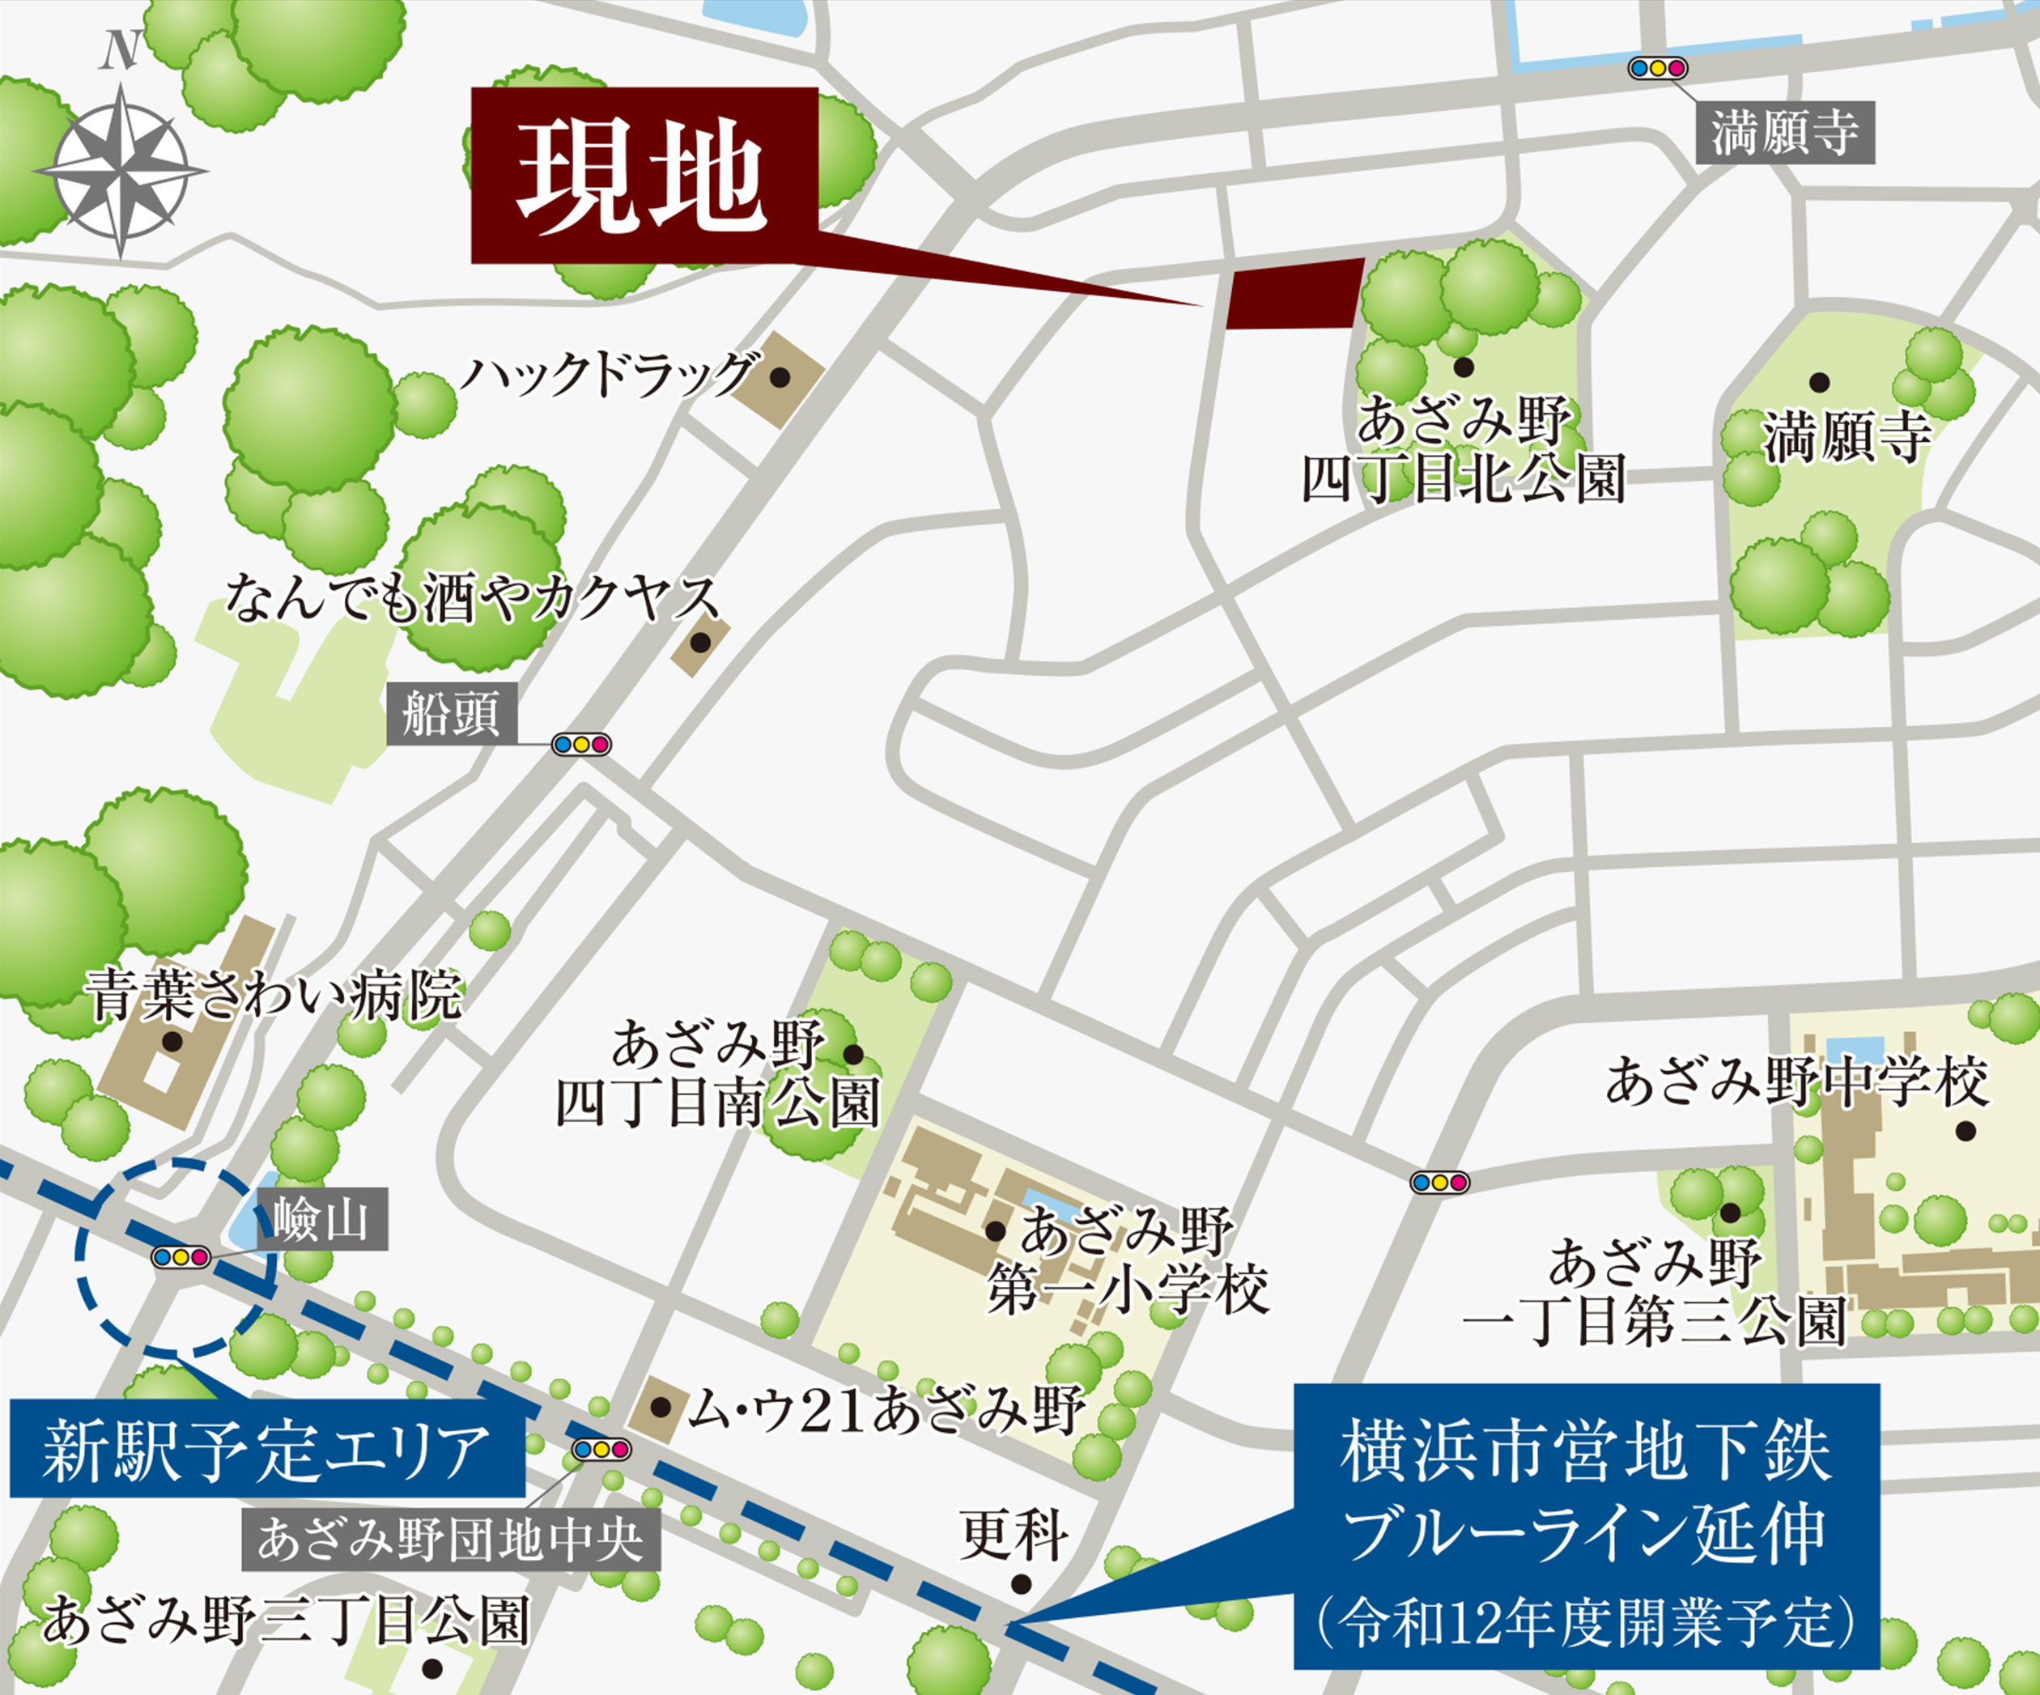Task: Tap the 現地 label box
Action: pyautogui.click(x=644, y=176)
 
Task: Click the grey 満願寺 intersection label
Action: pyautogui.click(x=1784, y=133)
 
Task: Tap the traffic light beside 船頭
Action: pyautogui.click(x=581, y=745)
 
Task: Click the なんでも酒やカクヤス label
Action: pyautogui.click(x=473, y=597)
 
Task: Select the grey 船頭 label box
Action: pyautogui.click(x=451, y=714)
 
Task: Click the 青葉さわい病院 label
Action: pyautogui.click(x=273, y=995)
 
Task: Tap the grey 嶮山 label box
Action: pyautogui.click(x=321, y=1218)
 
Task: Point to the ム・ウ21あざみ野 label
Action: pyautogui.click(x=885, y=1410)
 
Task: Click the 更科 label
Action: pyautogui.click(x=1014, y=1536)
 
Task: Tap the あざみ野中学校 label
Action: pyautogui.click(x=1796, y=1082)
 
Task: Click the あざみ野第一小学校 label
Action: pyautogui.click(x=1127, y=1260)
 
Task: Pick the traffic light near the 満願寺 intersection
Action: pyautogui.click(x=1658, y=68)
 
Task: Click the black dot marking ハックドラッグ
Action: pyautogui.click(x=779, y=378)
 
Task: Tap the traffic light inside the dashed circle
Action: pyautogui.click(x=181, y=1257)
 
